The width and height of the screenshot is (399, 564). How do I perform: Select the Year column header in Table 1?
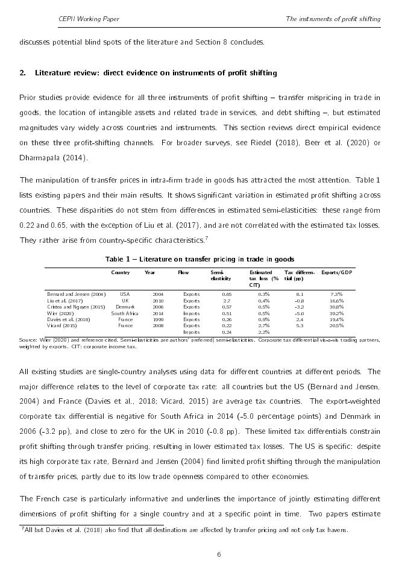150,272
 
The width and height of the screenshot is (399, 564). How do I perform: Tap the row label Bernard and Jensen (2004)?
76,294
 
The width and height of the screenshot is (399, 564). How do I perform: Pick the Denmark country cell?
125,307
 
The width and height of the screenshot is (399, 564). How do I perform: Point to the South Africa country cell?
125,313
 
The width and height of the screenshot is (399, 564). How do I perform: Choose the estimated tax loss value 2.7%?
263,325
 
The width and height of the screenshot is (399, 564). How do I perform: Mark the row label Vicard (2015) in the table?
62,325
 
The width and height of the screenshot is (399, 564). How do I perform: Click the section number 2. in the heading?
23,73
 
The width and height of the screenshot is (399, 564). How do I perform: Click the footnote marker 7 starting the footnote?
23,528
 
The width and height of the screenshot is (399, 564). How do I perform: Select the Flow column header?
183,272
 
